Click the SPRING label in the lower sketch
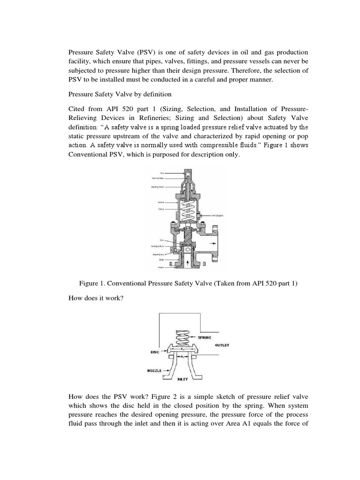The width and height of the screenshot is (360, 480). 205,337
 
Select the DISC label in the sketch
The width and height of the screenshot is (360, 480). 153,351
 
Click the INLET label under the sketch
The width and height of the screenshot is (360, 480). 183,378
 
